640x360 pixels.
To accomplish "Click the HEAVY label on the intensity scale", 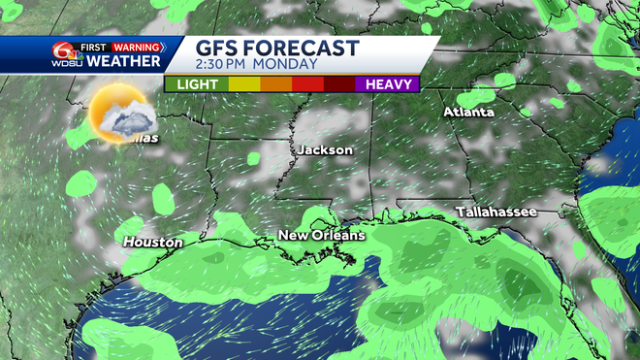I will (386, 84).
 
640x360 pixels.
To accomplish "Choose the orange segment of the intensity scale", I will (275, 84).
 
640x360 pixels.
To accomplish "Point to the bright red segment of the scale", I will (307, 84).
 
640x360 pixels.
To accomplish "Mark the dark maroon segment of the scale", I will (339, 84).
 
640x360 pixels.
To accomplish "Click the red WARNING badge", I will (137, 46).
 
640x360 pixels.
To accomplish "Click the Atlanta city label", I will (468, 113).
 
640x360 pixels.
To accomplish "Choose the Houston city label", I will (153, 241).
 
